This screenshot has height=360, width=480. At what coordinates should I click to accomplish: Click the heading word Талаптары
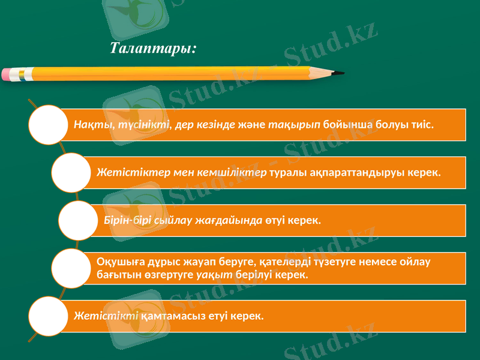152,47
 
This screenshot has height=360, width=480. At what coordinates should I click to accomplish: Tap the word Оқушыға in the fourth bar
119,262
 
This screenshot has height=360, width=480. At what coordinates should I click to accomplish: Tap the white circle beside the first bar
47,125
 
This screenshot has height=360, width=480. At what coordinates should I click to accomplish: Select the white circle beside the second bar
71,173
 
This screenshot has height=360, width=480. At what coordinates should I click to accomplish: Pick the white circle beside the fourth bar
71,268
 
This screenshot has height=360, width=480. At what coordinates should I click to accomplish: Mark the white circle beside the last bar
47,316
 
